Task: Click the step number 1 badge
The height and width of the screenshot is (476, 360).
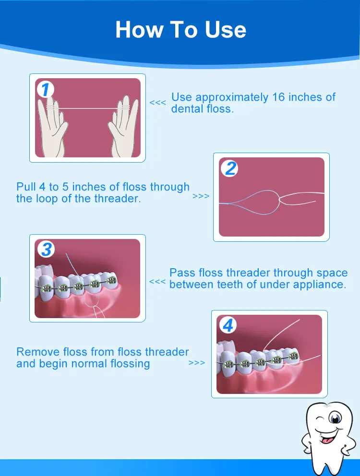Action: point(45,90)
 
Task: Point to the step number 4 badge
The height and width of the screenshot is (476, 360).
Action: point(228,326)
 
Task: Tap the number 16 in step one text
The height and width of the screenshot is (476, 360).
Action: point(278,97)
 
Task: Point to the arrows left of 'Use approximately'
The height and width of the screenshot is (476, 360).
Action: point(158,103)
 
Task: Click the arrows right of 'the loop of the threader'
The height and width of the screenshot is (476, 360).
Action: point(201,196)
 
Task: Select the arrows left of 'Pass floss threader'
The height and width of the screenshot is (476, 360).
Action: point(157,282)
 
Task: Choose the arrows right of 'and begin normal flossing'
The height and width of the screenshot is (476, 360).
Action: point(197,363)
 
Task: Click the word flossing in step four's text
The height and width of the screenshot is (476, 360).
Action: point(126,364)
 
